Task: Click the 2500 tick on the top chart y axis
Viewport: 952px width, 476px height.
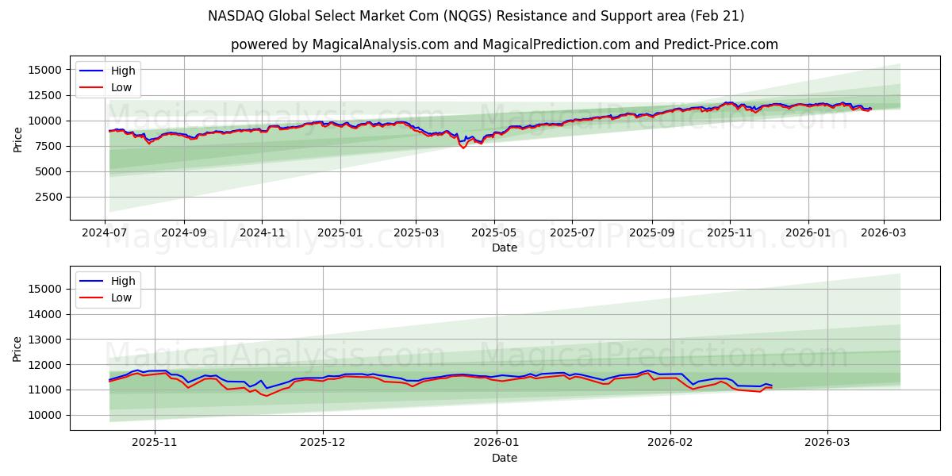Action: pos(48,197)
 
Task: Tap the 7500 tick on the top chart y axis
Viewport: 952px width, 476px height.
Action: pos(48,146)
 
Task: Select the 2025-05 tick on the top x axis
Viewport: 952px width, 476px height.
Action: pos(494,234)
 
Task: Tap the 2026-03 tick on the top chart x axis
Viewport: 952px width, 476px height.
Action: pos(883,234)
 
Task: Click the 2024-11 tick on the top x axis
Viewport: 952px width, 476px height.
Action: pos(262,234)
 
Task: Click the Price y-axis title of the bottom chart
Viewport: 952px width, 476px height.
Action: pos(18,348)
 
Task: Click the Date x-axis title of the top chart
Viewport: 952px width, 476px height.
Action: pos(505,248)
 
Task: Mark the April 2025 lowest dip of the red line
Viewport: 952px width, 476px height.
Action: pos(464,148)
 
